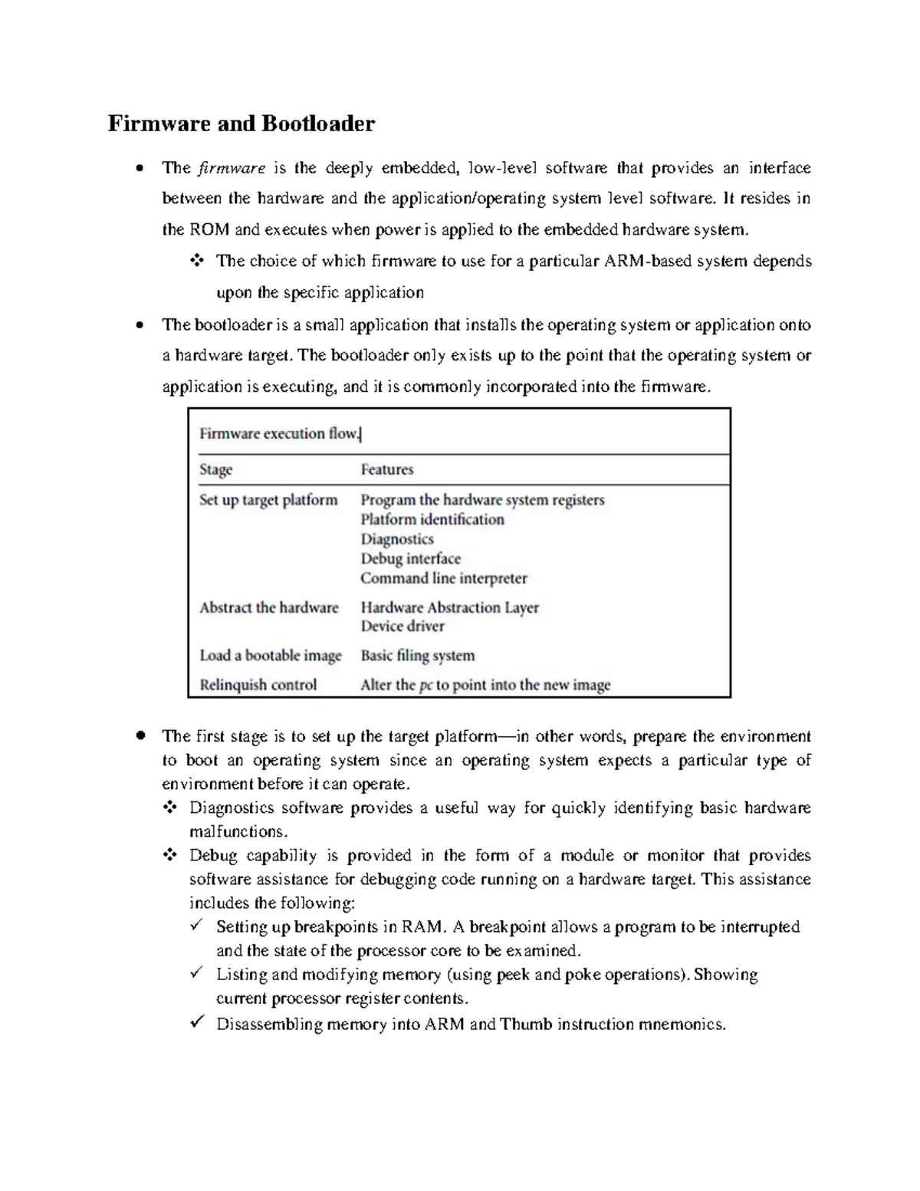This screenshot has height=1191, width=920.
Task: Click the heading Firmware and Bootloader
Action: point(241,123)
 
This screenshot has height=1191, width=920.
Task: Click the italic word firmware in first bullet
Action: point(232,168)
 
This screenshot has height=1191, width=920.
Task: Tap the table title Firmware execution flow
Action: point(279,434)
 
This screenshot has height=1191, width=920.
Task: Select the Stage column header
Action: point(215,469)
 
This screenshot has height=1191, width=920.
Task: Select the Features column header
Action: point(387,469)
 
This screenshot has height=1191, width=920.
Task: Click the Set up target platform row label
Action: point(268,500)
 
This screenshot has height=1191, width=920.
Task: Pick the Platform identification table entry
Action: point(432,520)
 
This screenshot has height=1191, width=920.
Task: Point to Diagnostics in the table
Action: point(397,539)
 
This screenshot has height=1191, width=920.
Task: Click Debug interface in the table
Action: point(410,559)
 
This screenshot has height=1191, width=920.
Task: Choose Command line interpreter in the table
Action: point(444,578)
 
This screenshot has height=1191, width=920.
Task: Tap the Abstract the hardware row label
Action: point(268,608)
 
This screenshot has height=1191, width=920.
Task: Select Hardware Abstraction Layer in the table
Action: point(450,608)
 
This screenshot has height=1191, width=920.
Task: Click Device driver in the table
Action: point(402,627)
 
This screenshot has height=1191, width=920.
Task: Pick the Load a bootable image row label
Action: point(270,656)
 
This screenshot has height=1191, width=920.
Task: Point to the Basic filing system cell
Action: point(418,656)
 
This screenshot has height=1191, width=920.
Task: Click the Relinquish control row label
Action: point(258,685)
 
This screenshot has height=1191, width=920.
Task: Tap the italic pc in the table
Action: point(426,686)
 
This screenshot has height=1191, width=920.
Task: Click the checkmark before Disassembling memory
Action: point(197,1022)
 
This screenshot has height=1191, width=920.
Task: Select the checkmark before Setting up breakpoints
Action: point(197,926)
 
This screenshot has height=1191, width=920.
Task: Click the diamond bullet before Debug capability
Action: point(169,854)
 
